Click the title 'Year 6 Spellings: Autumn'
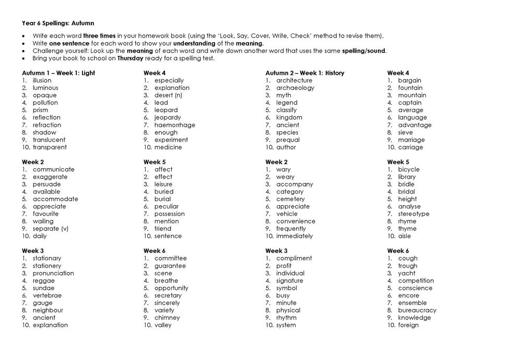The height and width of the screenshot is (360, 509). click(58, 24)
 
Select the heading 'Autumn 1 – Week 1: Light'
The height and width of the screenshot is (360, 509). click(58, 73)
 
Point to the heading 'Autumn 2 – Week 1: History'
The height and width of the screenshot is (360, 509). click(305, 73)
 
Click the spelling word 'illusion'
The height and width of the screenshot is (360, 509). click(42, 80)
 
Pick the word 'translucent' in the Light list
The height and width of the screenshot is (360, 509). click(49, 140)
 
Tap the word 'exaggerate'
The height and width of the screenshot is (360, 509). click(50, 177)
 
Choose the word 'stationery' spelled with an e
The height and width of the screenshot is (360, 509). click(47, 265)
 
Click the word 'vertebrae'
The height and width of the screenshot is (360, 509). click(47, 295)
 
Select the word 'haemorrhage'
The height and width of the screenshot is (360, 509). click(175, 125)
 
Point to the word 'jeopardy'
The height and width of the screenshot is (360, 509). click(168, 118)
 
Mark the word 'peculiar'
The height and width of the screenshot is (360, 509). click(167, 206)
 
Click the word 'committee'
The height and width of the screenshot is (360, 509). click(170, 258)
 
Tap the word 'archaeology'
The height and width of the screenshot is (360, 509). click(295, 88)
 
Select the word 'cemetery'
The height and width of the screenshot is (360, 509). click(290, 199)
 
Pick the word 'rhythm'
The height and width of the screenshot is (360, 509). click(286, 317)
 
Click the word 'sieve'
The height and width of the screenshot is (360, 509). click(405, 132)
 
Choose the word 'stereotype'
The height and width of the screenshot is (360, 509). click(413, 214)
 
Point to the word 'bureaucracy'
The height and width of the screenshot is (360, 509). click(417, 310)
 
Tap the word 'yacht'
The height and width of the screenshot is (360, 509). click(407, 273)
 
